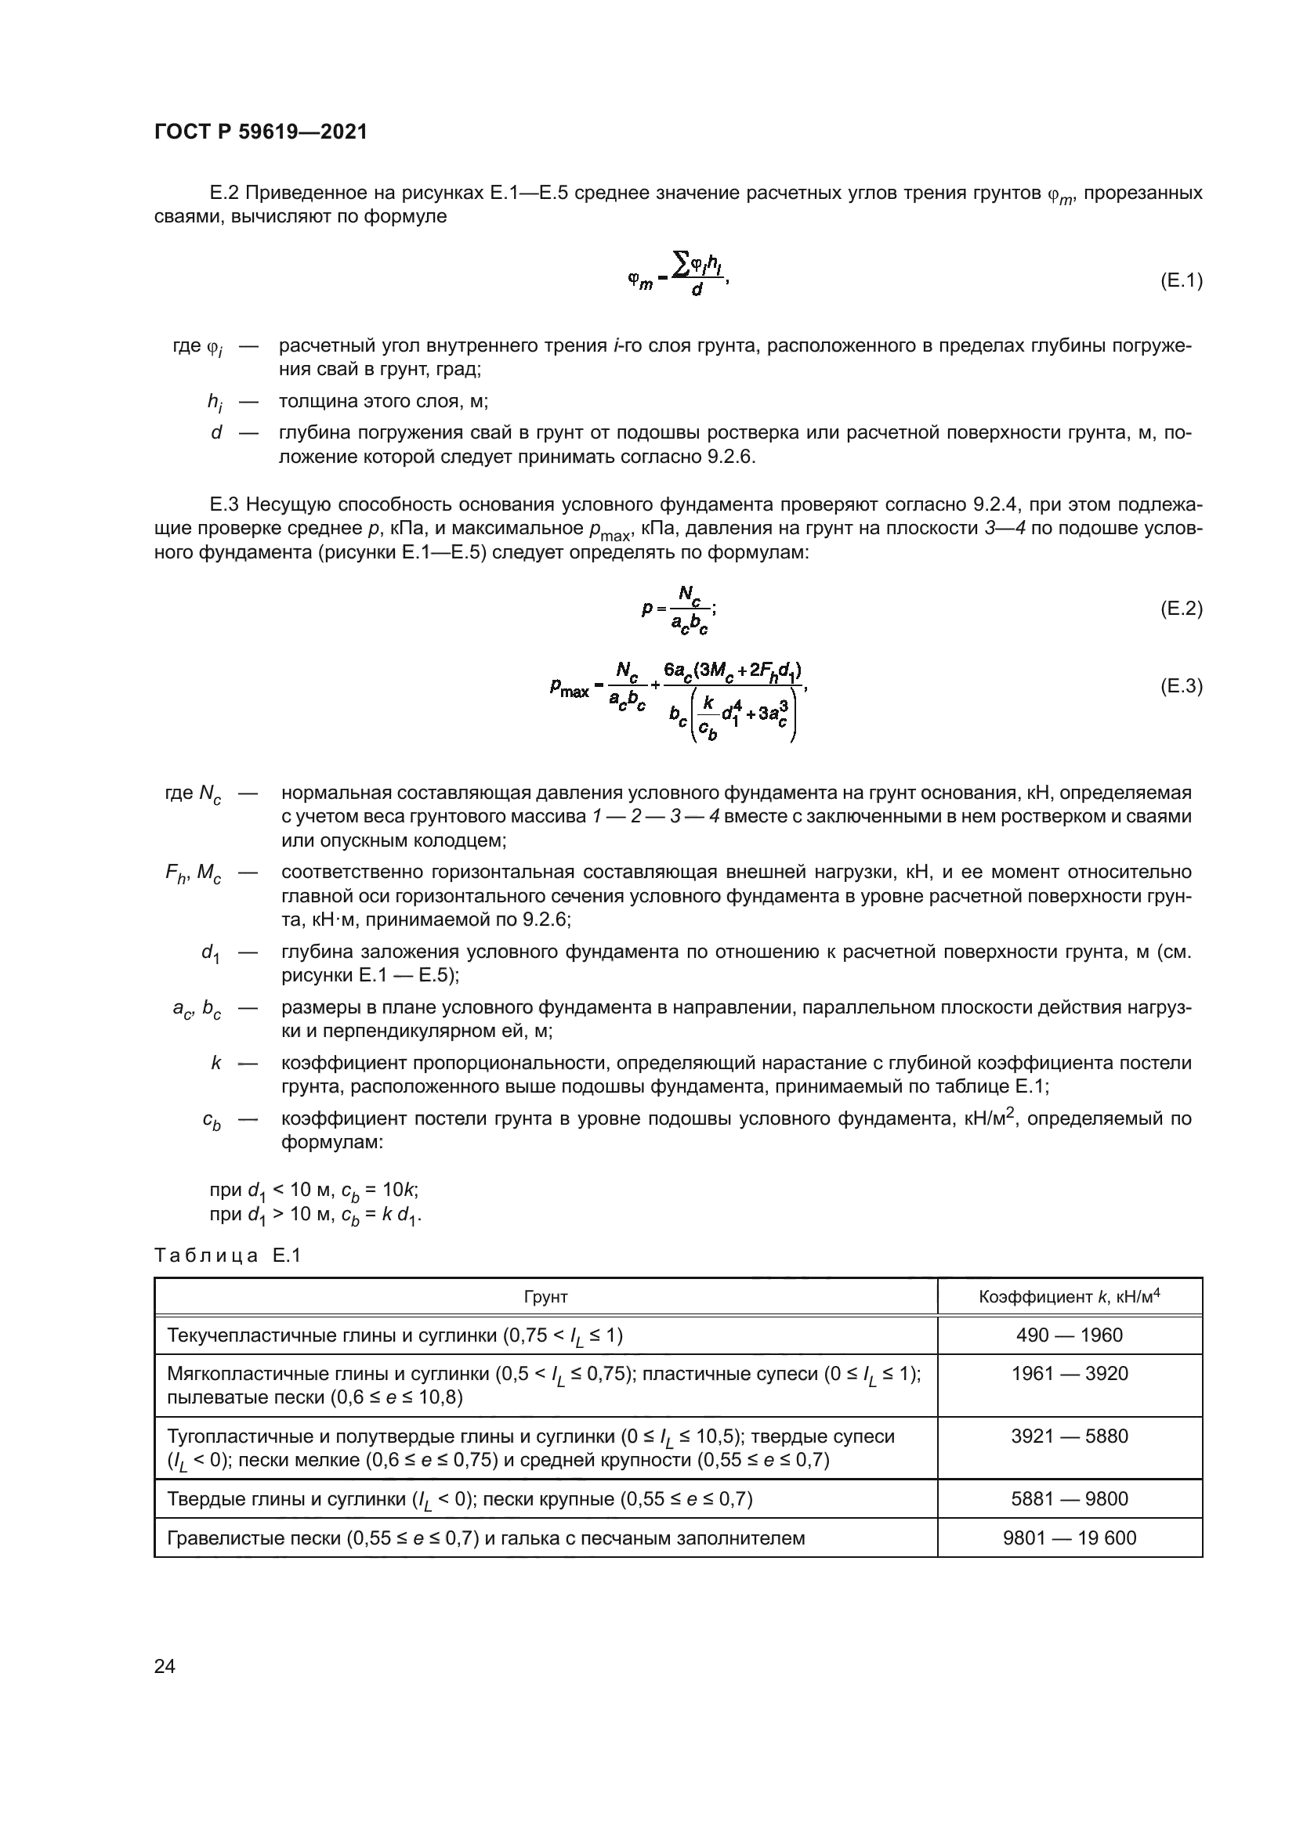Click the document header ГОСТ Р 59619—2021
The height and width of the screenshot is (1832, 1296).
(261, 132)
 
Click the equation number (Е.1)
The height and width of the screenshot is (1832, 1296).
(1180, 281)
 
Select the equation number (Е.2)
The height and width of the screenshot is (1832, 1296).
(1180, 609)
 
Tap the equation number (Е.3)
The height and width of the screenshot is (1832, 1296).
(1180, 686)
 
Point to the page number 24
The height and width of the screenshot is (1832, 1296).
(165, 1666)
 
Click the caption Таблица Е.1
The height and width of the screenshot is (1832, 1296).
(227, 1256)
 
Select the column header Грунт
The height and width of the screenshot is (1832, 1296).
(546, 1297)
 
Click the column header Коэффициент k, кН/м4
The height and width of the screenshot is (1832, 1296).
(1070, 1297)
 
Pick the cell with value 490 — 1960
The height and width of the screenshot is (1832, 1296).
(1070, 1335)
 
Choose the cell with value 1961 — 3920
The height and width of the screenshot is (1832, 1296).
(1070, 1374)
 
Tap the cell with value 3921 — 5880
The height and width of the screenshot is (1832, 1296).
(1070, 1436)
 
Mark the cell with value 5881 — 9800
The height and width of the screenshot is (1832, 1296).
(1070, 1499)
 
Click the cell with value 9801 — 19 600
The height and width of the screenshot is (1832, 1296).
(1070, 1538)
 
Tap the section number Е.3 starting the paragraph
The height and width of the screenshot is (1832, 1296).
(224, 504)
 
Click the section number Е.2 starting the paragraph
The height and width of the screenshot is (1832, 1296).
(224, 193)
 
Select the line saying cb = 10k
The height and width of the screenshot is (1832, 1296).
(313, 1190)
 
